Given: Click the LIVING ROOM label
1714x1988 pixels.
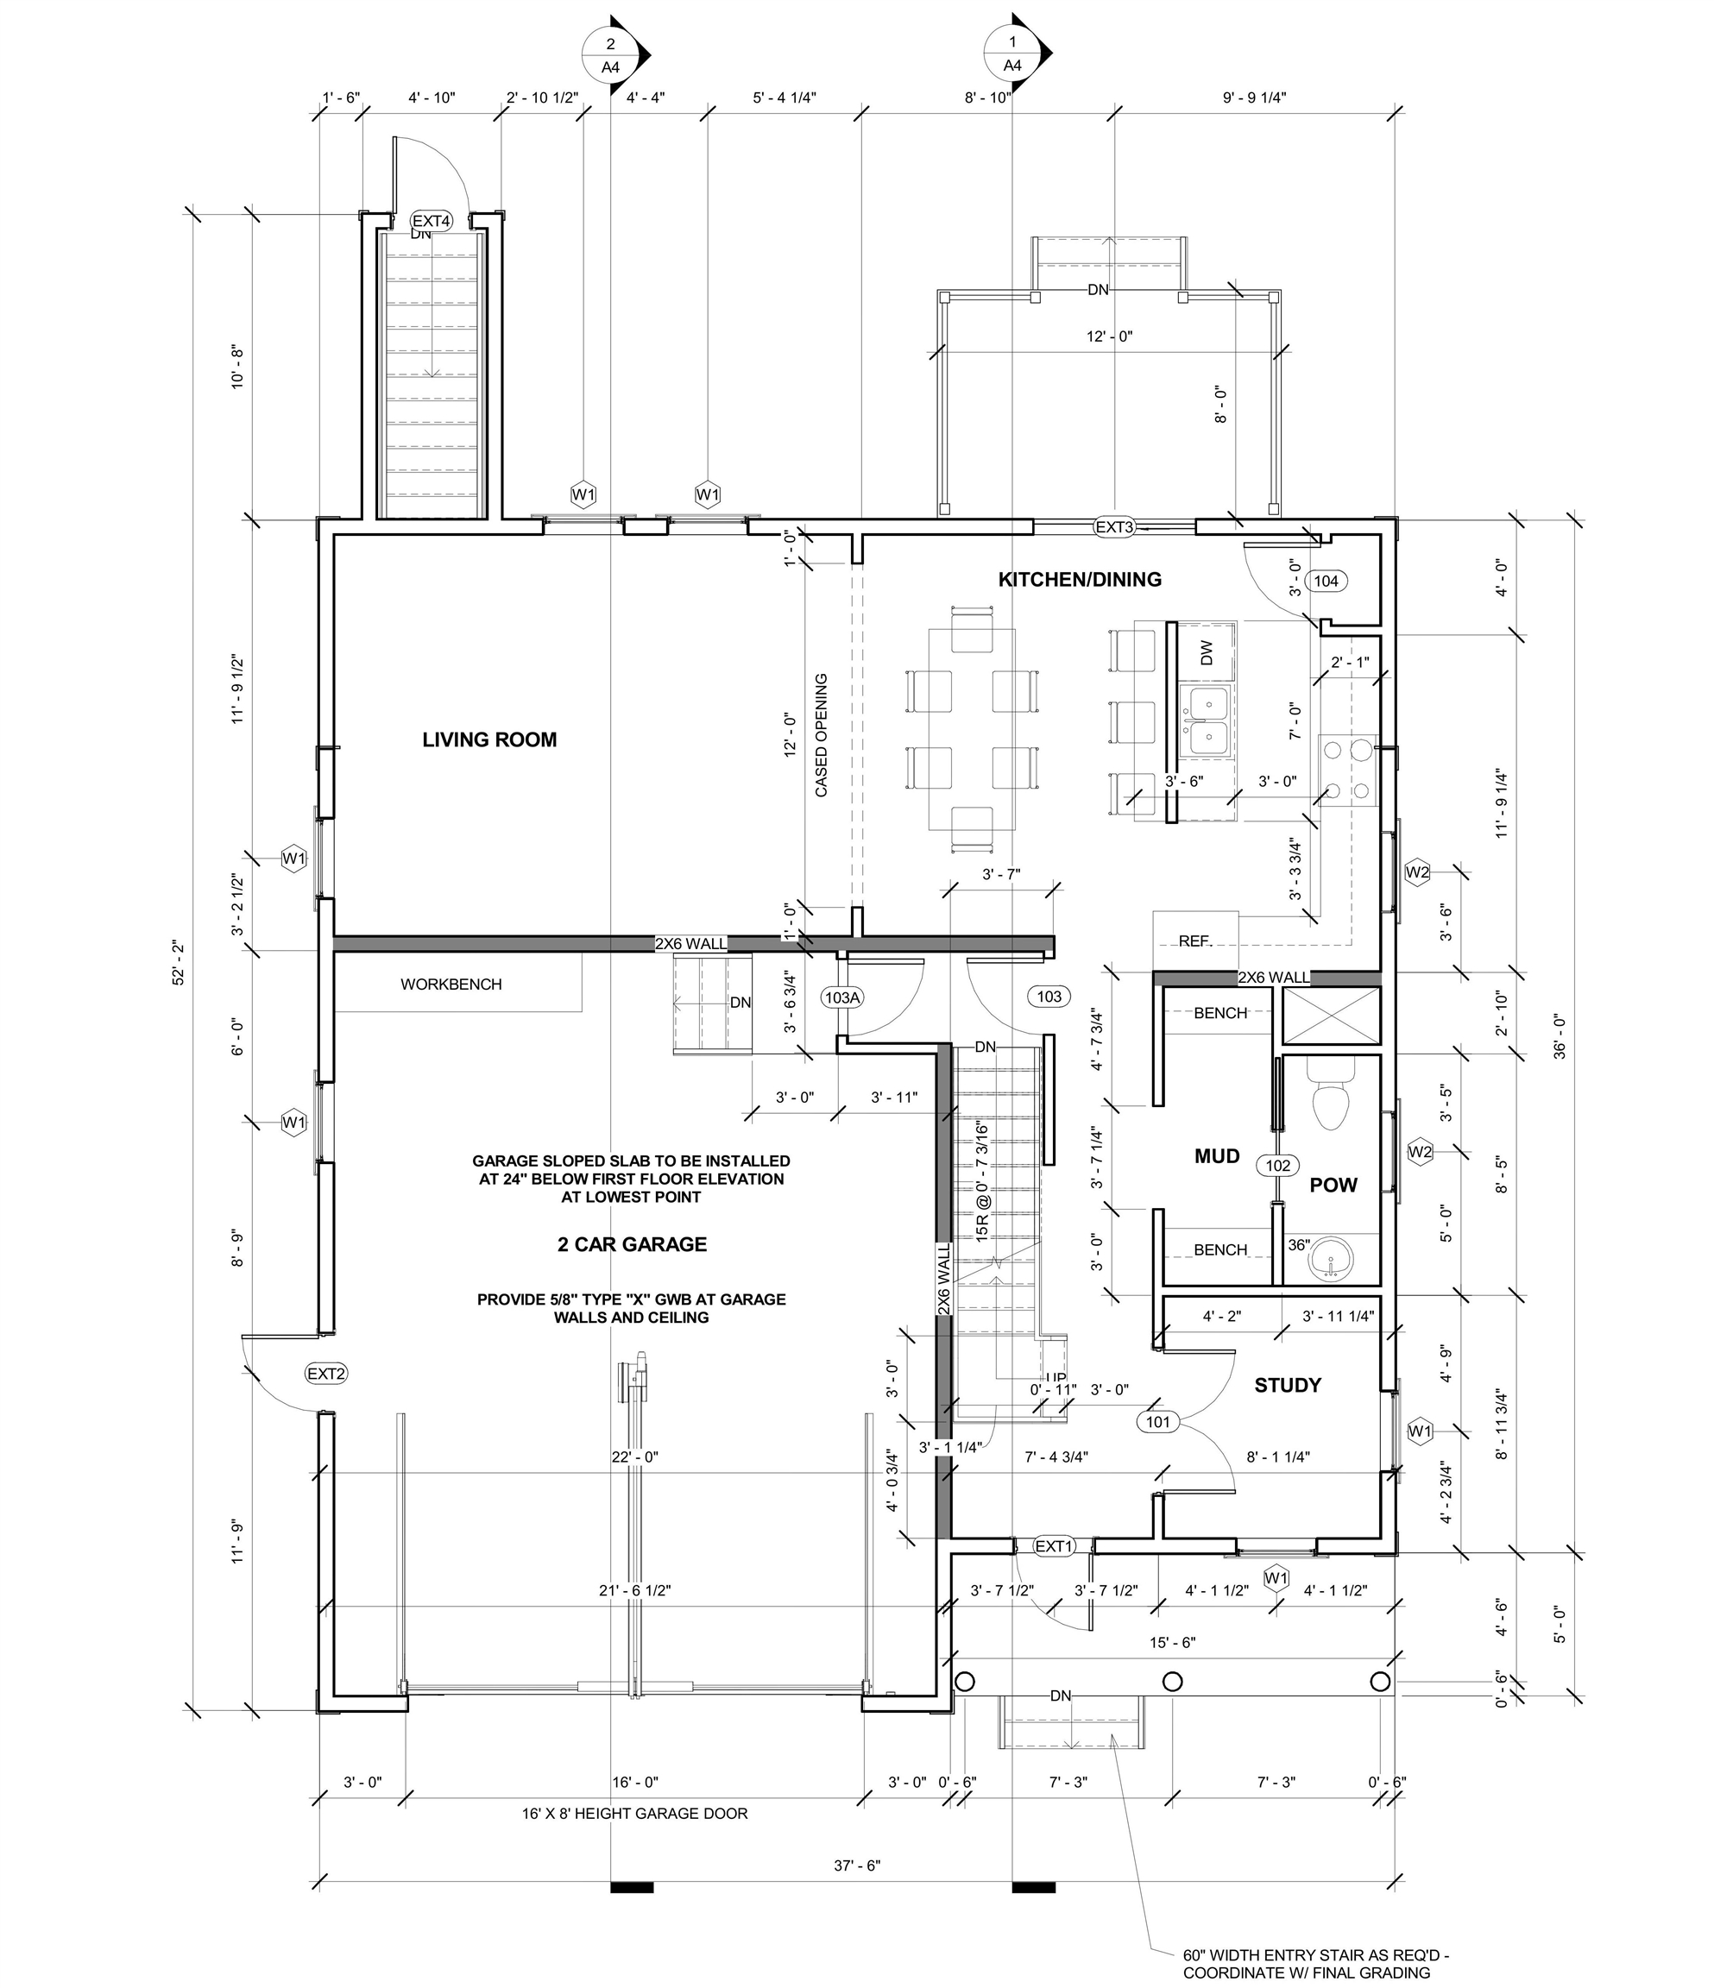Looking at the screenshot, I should (x=489, y=739).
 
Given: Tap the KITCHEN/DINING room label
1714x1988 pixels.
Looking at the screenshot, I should (x=1080, y=580).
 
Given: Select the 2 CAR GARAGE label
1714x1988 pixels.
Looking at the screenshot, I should (x=632, y=1244).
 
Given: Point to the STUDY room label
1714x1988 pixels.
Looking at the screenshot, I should (x=1287, y=1386).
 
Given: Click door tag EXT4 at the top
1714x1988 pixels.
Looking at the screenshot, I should (x=432, y=222).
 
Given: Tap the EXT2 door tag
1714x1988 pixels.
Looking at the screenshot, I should (x=326, y=1374).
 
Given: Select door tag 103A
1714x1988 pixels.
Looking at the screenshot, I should (x=842, y=997).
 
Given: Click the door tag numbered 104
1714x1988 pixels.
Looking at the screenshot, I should (x=1326, y=581).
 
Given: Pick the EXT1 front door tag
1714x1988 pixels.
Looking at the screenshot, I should (x=1054, y=1546).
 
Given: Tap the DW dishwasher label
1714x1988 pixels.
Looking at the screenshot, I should (x=1207, y=653).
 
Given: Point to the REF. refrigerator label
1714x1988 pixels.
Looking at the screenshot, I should (x=1194, y=941).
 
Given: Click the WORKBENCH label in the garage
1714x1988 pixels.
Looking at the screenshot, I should (x=451, y=985).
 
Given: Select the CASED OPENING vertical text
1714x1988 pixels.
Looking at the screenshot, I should (x=822, y=735).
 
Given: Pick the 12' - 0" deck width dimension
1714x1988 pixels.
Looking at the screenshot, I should (x=1109, y=337).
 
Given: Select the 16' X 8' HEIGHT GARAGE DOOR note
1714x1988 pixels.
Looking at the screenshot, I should (x=634, y=1814).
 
